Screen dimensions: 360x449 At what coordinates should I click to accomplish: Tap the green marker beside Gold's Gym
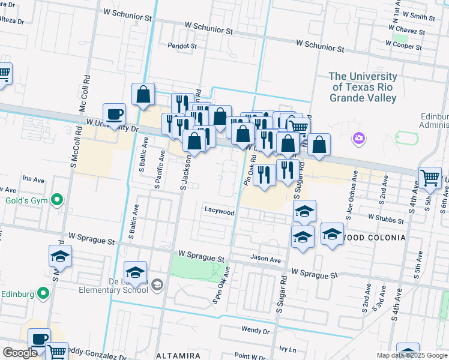(57, 199)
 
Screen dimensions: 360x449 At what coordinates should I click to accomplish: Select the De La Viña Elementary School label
(113, 284)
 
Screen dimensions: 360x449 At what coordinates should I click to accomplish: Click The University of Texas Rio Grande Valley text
(363, 87)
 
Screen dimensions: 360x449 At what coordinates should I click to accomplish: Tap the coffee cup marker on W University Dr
(113, 114)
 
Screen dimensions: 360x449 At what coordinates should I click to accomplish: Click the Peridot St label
(182, 46)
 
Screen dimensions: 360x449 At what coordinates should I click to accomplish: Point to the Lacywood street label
(219, 211)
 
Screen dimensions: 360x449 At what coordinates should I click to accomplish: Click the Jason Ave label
(266, 260)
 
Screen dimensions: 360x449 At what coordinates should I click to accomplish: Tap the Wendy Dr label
(255, 330)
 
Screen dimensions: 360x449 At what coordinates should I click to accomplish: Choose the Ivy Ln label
(288, 349)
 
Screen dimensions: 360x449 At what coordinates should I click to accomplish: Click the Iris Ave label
(33, 179)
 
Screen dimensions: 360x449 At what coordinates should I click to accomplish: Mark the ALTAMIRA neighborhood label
(178, 355)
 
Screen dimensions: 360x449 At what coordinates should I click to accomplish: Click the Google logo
(20, 353)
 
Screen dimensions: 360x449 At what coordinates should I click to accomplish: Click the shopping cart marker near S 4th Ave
(430, 178)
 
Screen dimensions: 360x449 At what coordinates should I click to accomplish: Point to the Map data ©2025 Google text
(411, 355)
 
